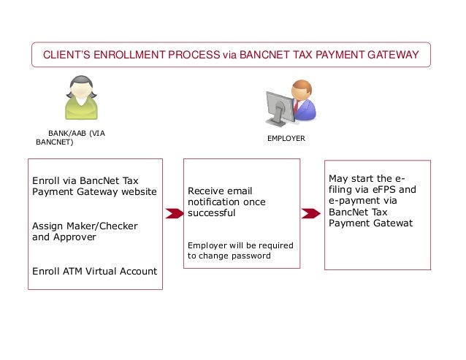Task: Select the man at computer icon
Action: pyautogui.click(x=290, y=104)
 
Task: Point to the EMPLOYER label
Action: pyautogui.click(x=286, y=138)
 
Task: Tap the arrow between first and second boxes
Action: pyautogui.click(x=174, y=214)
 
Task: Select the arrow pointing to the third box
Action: pyautogui.click(x=311, y=213)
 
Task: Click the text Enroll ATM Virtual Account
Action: pyautogui.click(x=95, y=271)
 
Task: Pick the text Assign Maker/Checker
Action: pyautogui.click(x=85, y=226)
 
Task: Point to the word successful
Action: pyautogui.click(x=212, y=213)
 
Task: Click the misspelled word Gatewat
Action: pyautogui.click(x=391, y=223)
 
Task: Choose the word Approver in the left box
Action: pyautogui.click(x=75, y=237)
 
